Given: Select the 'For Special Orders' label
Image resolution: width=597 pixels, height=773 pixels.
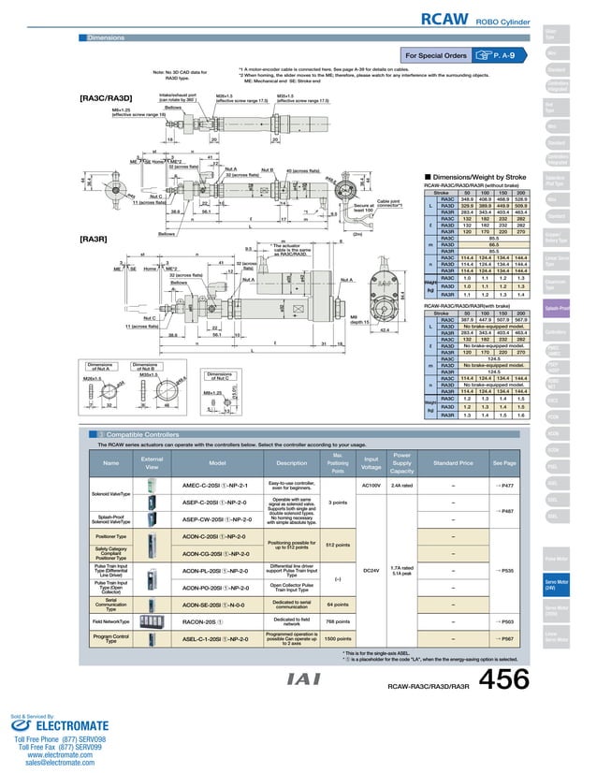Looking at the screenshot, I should (435, 55).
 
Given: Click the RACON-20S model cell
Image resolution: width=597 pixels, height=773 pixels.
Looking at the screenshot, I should (200, 620).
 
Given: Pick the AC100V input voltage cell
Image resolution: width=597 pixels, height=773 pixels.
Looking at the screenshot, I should (371, 486).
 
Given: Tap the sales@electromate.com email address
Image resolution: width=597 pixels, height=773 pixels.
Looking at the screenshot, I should (55, 764).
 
